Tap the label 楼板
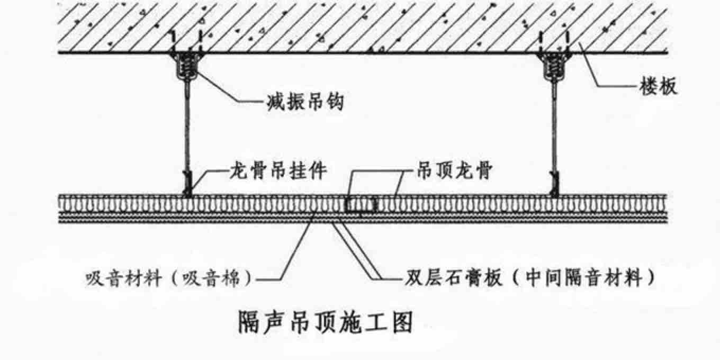point(657,85)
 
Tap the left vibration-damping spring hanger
point(186,67)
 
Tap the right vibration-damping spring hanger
point(554,67)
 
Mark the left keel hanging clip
point(186,183)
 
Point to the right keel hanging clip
point(554,183)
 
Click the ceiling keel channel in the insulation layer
point(360,204)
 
